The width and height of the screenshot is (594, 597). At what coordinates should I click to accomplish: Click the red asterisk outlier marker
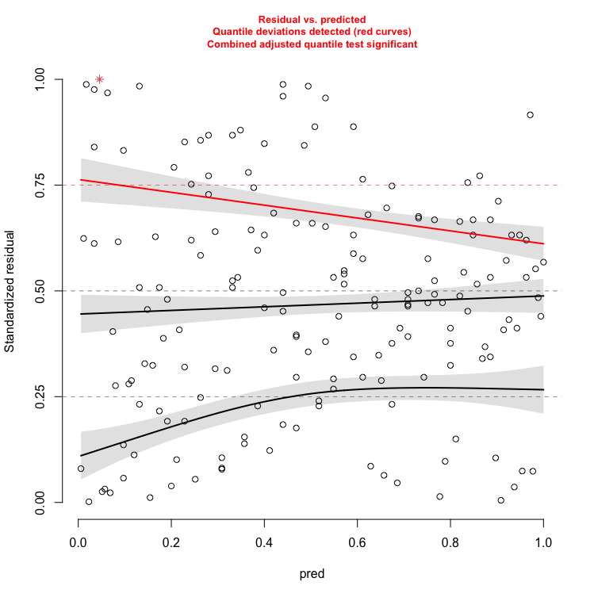coord(99,79)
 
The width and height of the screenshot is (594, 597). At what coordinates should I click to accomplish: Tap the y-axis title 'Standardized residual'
coord(10,290)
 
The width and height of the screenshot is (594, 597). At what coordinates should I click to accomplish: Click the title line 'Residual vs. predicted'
coord(312,18)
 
